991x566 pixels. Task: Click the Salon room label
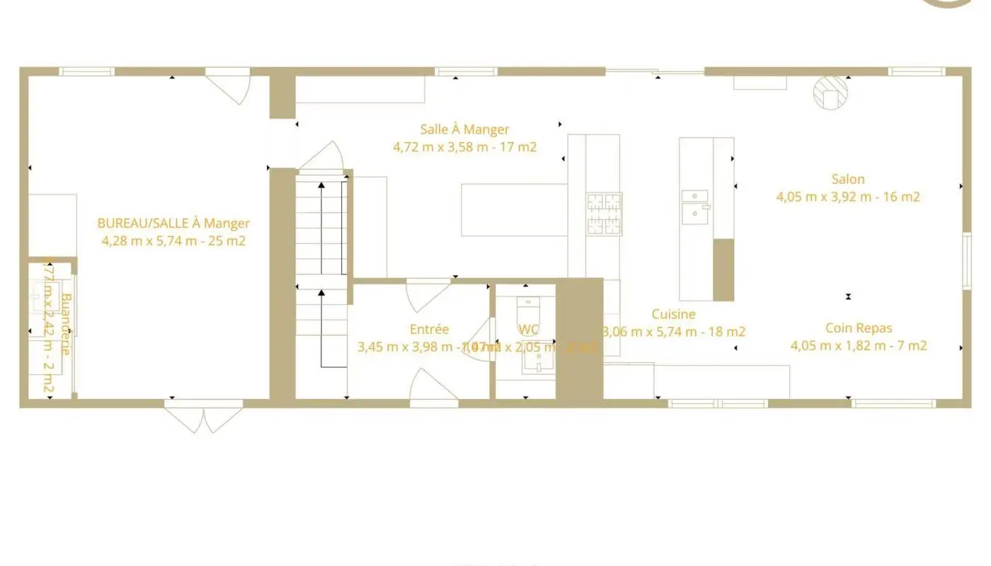848,180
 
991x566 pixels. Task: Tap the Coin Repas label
859,328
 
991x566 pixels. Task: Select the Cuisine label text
673,314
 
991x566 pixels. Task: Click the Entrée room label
429,329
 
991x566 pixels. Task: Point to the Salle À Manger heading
464,129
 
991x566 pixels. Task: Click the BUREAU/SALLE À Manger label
173,224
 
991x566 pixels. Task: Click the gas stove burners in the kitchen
604,214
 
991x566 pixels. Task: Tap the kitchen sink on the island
695,205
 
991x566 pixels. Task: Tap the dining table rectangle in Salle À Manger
515,209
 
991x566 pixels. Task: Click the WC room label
529,329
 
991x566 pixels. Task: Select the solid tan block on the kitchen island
723,270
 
